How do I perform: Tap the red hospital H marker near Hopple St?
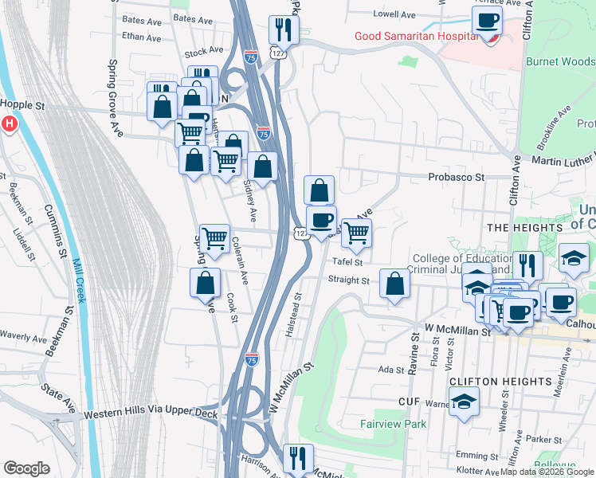coord(9,124)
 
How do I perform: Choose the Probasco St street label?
coord(457,177)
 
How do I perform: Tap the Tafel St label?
coord(347,261)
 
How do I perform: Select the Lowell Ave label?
coord(395,14)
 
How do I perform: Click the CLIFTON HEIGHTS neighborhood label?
coord(488,382)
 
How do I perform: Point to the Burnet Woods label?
coord(559,61)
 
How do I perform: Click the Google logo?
coord(26,468)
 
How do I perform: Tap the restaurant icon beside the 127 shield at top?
coord(283,29)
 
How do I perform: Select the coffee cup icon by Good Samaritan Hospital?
coord(487,21)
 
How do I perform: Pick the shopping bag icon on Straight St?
coord(395,283)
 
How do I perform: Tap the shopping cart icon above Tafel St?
coord(356,232)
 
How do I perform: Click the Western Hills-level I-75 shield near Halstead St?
coord(252,359)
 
